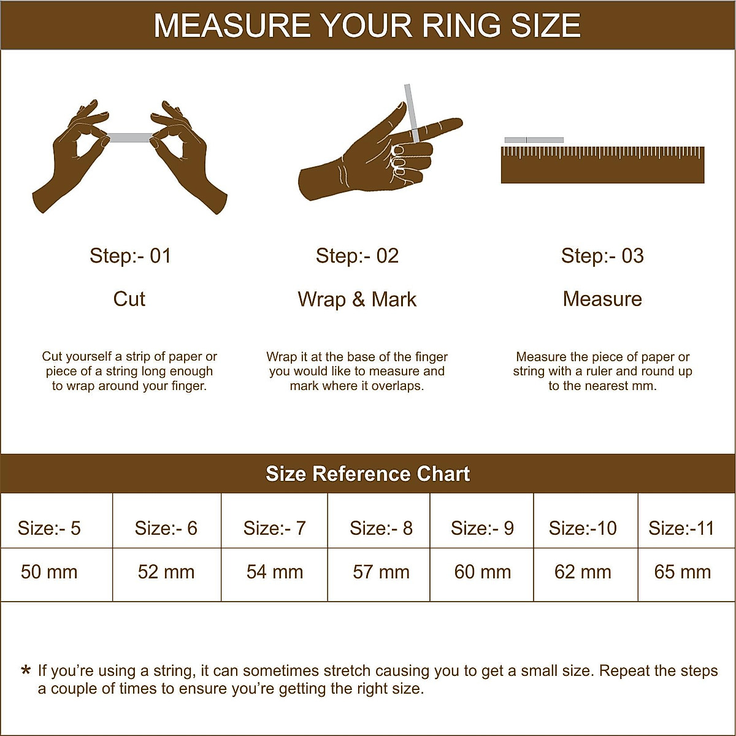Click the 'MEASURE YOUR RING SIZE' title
(x=367, y=26)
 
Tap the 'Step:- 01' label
(x=130, y=256)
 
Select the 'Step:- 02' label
(x=357, y=256)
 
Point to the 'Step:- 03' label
(x=602, y=256)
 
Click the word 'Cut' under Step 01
(x=129, y=299)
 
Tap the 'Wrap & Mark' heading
(x=357, y=299)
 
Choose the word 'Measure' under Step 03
(x=602, y=299)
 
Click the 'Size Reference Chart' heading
(x=367, y=473)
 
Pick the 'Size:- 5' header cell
(x=49, y=528)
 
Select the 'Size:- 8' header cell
(x=381, y=528)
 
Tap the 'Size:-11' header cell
(x=681, y=528)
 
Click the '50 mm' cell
(x=49, y=572)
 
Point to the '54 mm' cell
(x=275, y=572)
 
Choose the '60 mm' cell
(x=483, y=572)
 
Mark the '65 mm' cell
(x=683, y=572)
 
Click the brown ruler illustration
(x=602, y=166)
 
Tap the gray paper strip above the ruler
(x=534, y=140)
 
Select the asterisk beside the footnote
(x=26, y=670)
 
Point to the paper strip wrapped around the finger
(x=410, y=110)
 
